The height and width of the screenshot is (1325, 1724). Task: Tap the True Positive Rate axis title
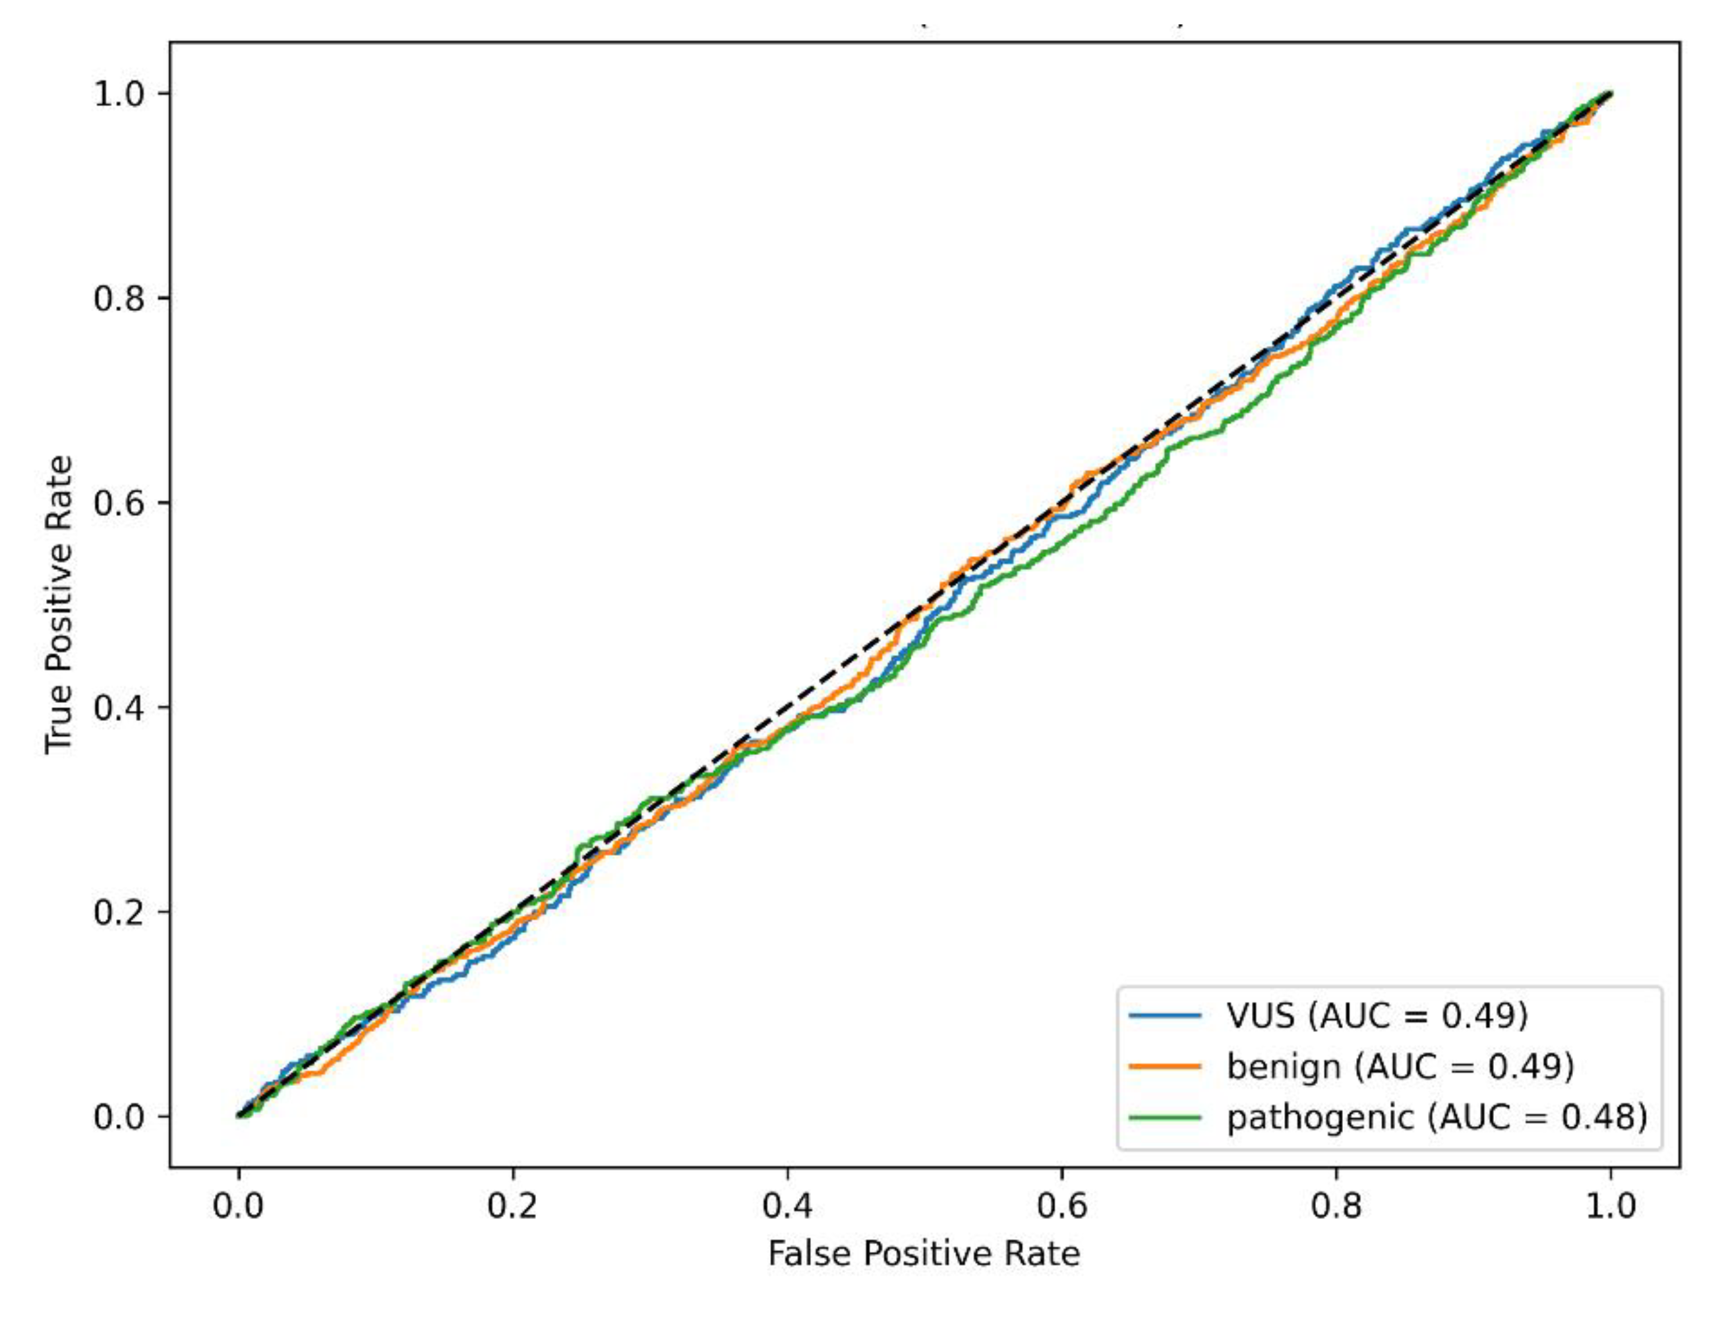pyautogui.click(x=59, y=604)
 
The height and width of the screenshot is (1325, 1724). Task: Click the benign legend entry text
pyautogui.click(x=1400, y=1066)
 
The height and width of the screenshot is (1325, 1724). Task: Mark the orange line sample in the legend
pyautogui.click(x=1166, y=1066)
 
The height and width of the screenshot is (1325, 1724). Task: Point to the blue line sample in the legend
pyautogui.click(x=1166, y=1015)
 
